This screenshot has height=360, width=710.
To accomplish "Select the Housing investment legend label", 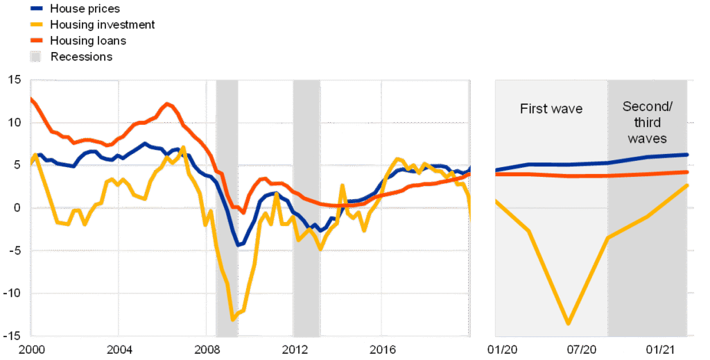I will (x=103, y=25).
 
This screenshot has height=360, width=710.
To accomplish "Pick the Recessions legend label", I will (x=81, y=57).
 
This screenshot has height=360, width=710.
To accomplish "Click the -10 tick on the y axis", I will (x=13, y=293).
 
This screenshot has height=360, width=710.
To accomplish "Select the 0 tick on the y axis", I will (x=19, y=208).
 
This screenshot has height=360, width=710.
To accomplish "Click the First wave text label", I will (x=551, y=109).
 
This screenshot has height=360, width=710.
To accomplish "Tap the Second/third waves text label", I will (x=648, y=122).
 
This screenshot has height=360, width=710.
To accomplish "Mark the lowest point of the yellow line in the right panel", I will (x=569, y=323).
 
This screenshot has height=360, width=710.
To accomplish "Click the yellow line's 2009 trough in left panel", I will (x=233, y=319).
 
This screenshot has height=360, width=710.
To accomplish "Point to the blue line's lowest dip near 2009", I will (x=240, y=245).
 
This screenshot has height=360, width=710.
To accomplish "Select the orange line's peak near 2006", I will (x=167, y=104).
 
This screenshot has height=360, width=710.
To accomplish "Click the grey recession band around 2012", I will (x=306, y=208).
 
